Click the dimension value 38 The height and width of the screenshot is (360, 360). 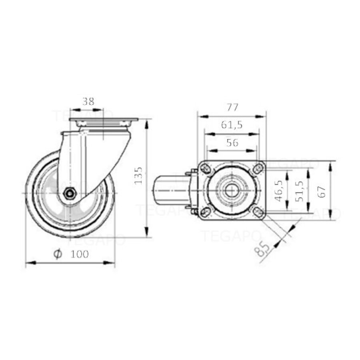click(x=88, y=102)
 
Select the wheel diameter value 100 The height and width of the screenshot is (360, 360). click(x=80, y=254)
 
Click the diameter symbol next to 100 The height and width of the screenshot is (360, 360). click(x=58, y=254)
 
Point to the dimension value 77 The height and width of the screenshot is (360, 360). click(x=233, y=107)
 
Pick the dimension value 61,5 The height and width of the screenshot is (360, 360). click(x=232, y=125)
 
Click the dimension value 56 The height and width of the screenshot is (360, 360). click(x=232, y=142)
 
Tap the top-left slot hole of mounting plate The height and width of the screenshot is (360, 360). click(x=206, y=169)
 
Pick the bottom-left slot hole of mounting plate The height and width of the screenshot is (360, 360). click(x=206, y=212)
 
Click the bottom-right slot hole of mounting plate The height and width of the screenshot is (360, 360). click(x=257, y=212)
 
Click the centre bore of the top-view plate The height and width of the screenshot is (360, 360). click(x=232, y=191)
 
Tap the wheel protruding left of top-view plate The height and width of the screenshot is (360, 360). click(x=166, y=191)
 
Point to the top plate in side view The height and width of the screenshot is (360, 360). click(x=103, y=120)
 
